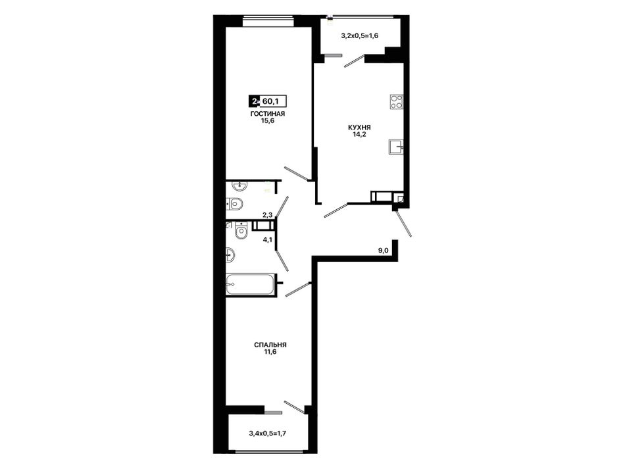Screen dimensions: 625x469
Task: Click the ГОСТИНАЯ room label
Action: pos(268,114)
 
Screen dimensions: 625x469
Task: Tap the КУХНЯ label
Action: pos(359,128)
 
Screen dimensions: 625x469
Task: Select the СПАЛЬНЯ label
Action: pos(270,345)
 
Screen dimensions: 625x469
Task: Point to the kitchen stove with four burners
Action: pos(397,101)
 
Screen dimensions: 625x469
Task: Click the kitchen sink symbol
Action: pos(396,147)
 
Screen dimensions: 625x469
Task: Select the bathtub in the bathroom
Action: pos(251,285)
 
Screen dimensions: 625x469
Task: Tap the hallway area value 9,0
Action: pos(383,251)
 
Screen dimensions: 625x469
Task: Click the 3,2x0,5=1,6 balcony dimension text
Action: pos(359,36)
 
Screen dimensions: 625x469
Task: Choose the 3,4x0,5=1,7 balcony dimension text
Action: pos(268,432)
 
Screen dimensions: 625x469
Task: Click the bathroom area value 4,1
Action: pos(267,240)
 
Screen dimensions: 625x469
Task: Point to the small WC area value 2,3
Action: pos(267,215)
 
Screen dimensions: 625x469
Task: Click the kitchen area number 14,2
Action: pos(359,134)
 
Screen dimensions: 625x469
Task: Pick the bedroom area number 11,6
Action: pos(270,352)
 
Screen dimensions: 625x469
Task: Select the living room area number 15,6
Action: pos(268,121)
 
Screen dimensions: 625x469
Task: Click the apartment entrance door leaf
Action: pos(403,224)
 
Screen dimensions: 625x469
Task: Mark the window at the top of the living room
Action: pos(268,21)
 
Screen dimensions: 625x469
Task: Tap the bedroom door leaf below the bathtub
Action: pos(298,289)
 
